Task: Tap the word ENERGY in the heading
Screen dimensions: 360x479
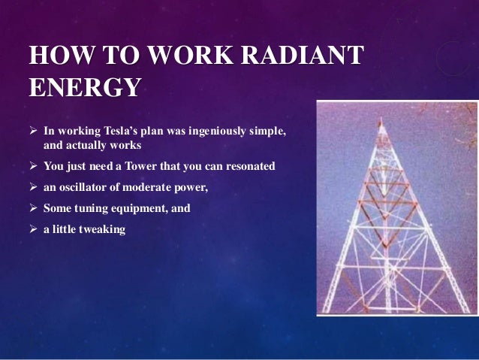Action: point(83,87)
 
